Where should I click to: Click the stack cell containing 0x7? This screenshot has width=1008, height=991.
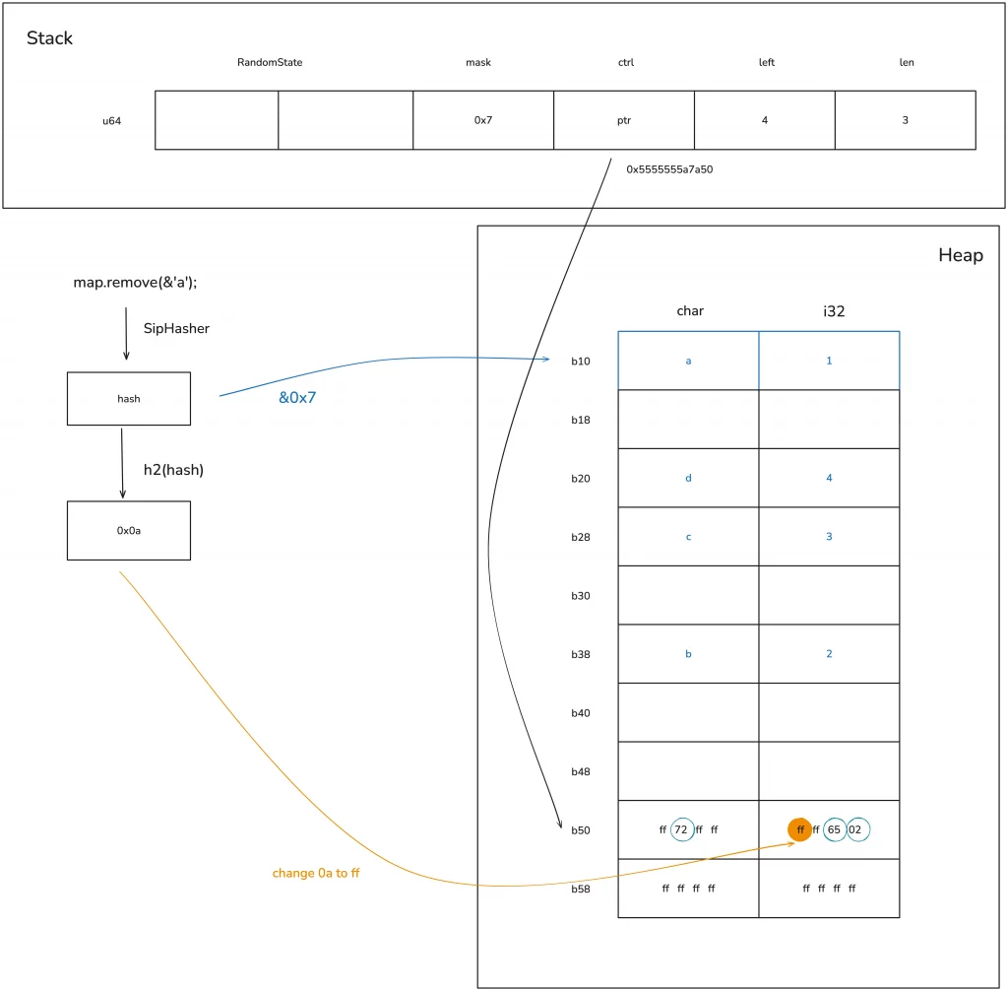(x=482, y=120)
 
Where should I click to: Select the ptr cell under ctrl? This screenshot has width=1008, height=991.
(x=624, y=120)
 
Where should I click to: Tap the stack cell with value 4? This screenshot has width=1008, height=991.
(x=765, y=120)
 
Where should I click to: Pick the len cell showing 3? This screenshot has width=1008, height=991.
(x=906, y=120)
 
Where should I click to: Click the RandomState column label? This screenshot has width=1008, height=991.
(x=270, y=62)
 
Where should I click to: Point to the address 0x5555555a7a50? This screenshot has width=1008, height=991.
(x=669, y=168)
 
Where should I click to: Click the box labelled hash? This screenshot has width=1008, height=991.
(x=128, y=399)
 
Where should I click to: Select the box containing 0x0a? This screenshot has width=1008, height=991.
(x=128, y=530)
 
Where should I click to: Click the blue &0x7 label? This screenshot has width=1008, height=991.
(x=297, y=398)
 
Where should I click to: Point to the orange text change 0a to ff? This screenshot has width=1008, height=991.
(x=316, y=873)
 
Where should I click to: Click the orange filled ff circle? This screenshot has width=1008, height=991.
(x=800, y=829)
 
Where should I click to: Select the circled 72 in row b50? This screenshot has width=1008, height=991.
(x=682, y=829)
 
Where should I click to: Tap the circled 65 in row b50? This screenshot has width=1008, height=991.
(x=835, y=829)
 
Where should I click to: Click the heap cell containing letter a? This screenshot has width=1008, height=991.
(x=688, y=361)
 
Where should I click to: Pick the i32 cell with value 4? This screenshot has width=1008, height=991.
(x=829, y=478)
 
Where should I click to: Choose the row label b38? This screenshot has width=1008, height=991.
(x=580, y=654)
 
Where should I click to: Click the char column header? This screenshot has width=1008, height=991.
(x=689, y=310)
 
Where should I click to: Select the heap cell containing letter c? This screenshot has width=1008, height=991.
(x=688, y=536)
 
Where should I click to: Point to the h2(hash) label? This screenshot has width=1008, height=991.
(x=173, y=470)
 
